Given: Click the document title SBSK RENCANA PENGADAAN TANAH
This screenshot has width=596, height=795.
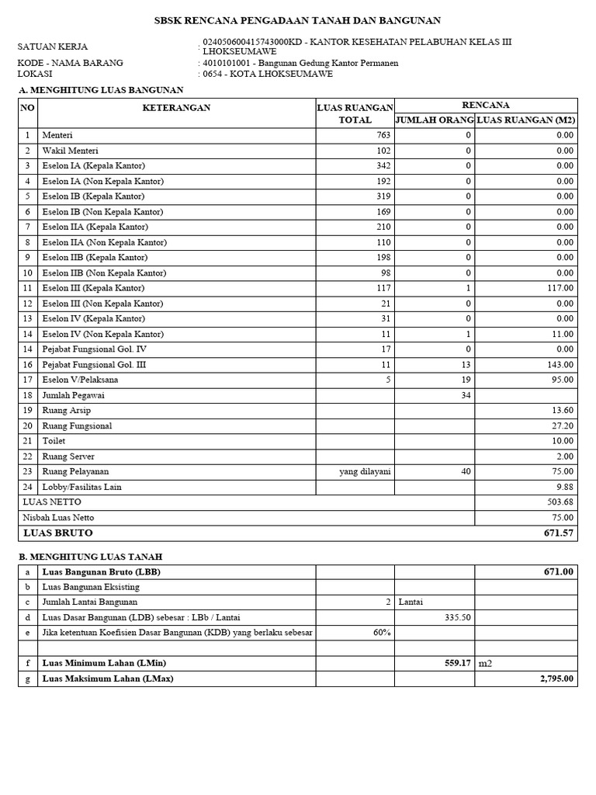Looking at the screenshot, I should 298,21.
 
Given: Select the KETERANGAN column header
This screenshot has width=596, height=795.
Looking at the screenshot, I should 176,108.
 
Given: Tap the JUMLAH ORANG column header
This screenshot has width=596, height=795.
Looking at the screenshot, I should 435,120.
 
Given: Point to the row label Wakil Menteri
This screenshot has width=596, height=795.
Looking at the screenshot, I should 70,151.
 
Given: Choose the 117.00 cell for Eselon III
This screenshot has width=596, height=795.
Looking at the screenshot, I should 559,288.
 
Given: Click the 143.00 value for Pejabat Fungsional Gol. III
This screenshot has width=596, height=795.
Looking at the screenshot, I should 559,364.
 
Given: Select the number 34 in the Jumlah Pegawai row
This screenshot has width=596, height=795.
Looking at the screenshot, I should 466,395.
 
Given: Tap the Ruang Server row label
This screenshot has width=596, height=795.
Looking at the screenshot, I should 68,457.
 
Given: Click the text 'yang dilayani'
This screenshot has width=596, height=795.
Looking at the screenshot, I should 365,471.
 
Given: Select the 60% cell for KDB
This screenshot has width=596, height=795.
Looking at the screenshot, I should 381,633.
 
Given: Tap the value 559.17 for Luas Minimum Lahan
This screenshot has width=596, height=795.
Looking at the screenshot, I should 454,663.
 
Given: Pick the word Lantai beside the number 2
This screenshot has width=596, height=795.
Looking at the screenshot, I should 412,602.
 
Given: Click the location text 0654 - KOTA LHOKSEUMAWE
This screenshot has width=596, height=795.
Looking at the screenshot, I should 268,74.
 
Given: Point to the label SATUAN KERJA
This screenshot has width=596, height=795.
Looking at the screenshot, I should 53,47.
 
